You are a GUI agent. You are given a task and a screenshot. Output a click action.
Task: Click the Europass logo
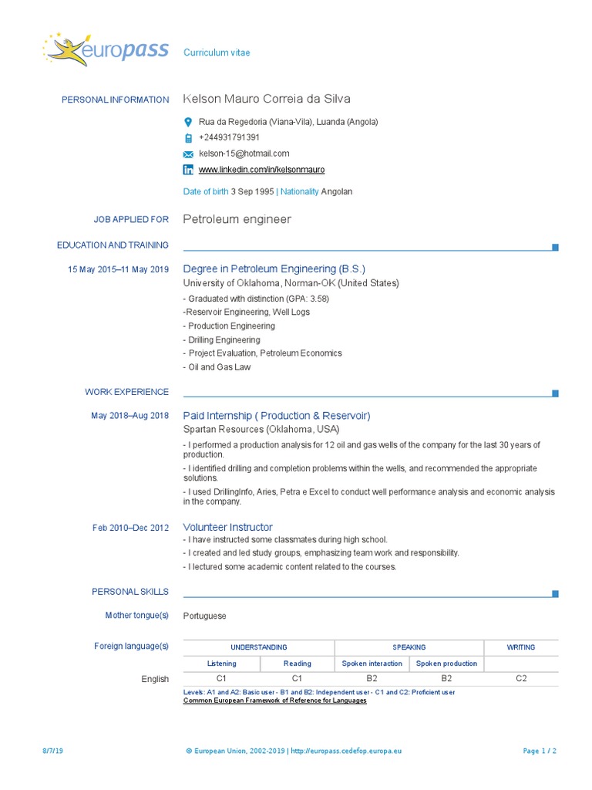pyautogui.click(x=106, y=50)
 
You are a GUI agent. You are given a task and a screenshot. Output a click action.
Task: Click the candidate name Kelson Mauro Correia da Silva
pyautogui.click(x=267, y=99)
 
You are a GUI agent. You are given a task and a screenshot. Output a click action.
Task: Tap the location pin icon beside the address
pyautogui.click(x=188, y=123)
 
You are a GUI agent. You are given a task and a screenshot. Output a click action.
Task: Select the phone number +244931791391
pyautogui.click(x=229, y=137)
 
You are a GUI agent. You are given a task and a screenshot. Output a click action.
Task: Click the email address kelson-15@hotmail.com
pyautogui.click(x=244, y=154)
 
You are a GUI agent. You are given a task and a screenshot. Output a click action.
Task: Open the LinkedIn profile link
pyautogui.click(x=261, y=169)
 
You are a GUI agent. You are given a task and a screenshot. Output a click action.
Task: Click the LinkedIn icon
pyautogui.click(x=188, y=169)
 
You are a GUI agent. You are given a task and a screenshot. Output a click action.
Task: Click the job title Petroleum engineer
pyautogui.click(x=237, y=219)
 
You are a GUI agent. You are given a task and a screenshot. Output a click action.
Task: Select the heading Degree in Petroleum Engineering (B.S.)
pyautogui.click(x=274, y=269)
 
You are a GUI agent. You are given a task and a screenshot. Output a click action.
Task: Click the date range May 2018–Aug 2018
pyautogui.click(x=129, y=416)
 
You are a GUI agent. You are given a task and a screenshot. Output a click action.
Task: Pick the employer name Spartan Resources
pyautogui.click(x=224, y=429)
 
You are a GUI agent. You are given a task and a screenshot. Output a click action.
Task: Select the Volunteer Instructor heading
pyautogui.click(x=227, y=527)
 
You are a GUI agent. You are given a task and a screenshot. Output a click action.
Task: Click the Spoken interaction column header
pyautogui.click(x=372, y=663)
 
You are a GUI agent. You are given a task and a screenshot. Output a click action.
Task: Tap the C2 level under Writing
pyautogui.click(x=521, y=678)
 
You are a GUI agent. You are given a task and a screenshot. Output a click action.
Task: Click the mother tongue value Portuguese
pyautogui.click(x=205, y=616)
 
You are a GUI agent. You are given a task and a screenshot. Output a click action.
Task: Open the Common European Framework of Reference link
pyautogui.click(x=274, y=701)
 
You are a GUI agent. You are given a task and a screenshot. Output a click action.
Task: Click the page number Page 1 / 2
pyautogui.click(x=540, y=751)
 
